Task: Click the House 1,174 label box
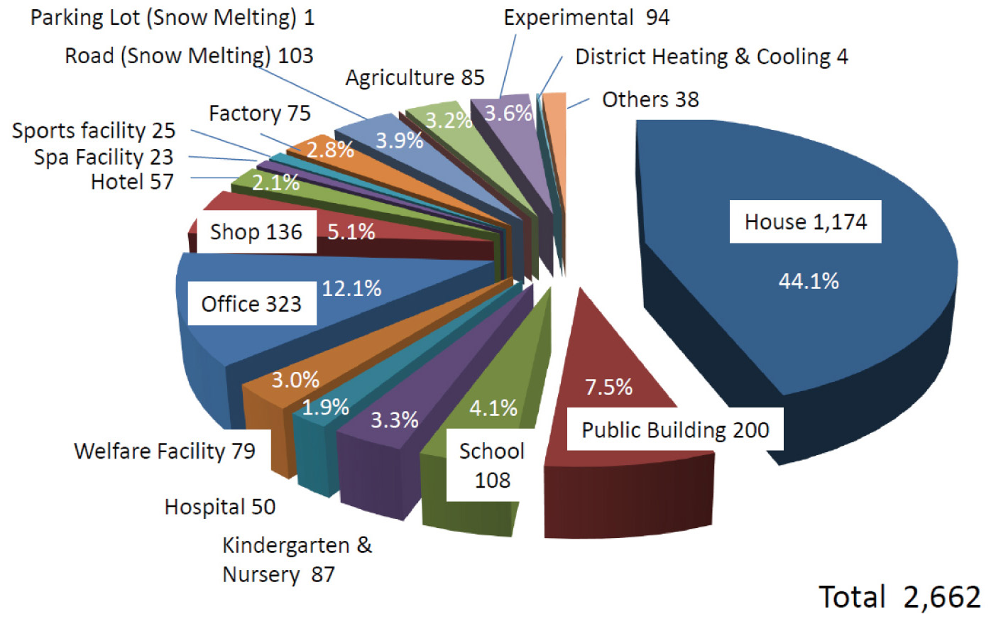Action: point(805,222)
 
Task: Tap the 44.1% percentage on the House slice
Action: point(809,281)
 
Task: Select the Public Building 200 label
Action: point(674,429)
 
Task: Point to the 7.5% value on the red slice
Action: point(608,387)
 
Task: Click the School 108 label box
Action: point(491,465)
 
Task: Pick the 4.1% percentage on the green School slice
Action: point(493,408)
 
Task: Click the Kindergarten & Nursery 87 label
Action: point(296,559)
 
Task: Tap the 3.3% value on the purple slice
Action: point(395,420)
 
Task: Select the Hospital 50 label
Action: point(220,507)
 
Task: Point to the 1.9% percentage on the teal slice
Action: point(325,407)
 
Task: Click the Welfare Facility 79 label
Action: point(165,451)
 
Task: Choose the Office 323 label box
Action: point(251,304)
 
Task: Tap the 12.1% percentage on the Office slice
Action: point(351,288)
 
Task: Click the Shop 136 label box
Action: point(256,231)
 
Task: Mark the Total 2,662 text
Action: point(899,597)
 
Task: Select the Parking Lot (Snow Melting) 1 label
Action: point(172,18)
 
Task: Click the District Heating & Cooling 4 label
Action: point(711,57)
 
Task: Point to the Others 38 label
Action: point(650,99)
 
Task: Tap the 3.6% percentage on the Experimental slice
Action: point(508,113)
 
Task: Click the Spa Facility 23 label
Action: point(104,157)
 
